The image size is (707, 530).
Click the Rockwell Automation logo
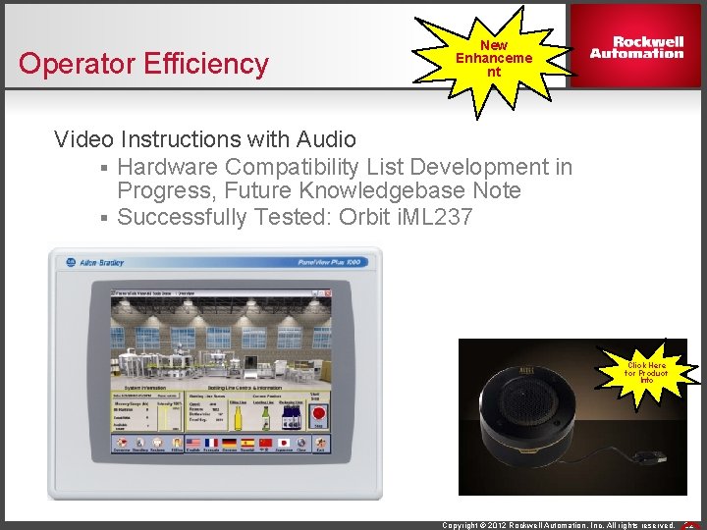pyautogui.click(x=636, y=47)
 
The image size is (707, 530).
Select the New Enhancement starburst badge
pyautogui.click(x=494, y=58)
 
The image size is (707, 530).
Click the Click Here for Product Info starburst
pyautogui.click(x=646, y=372)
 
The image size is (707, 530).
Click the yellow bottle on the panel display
pyautogui.click(x=237, y=419)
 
